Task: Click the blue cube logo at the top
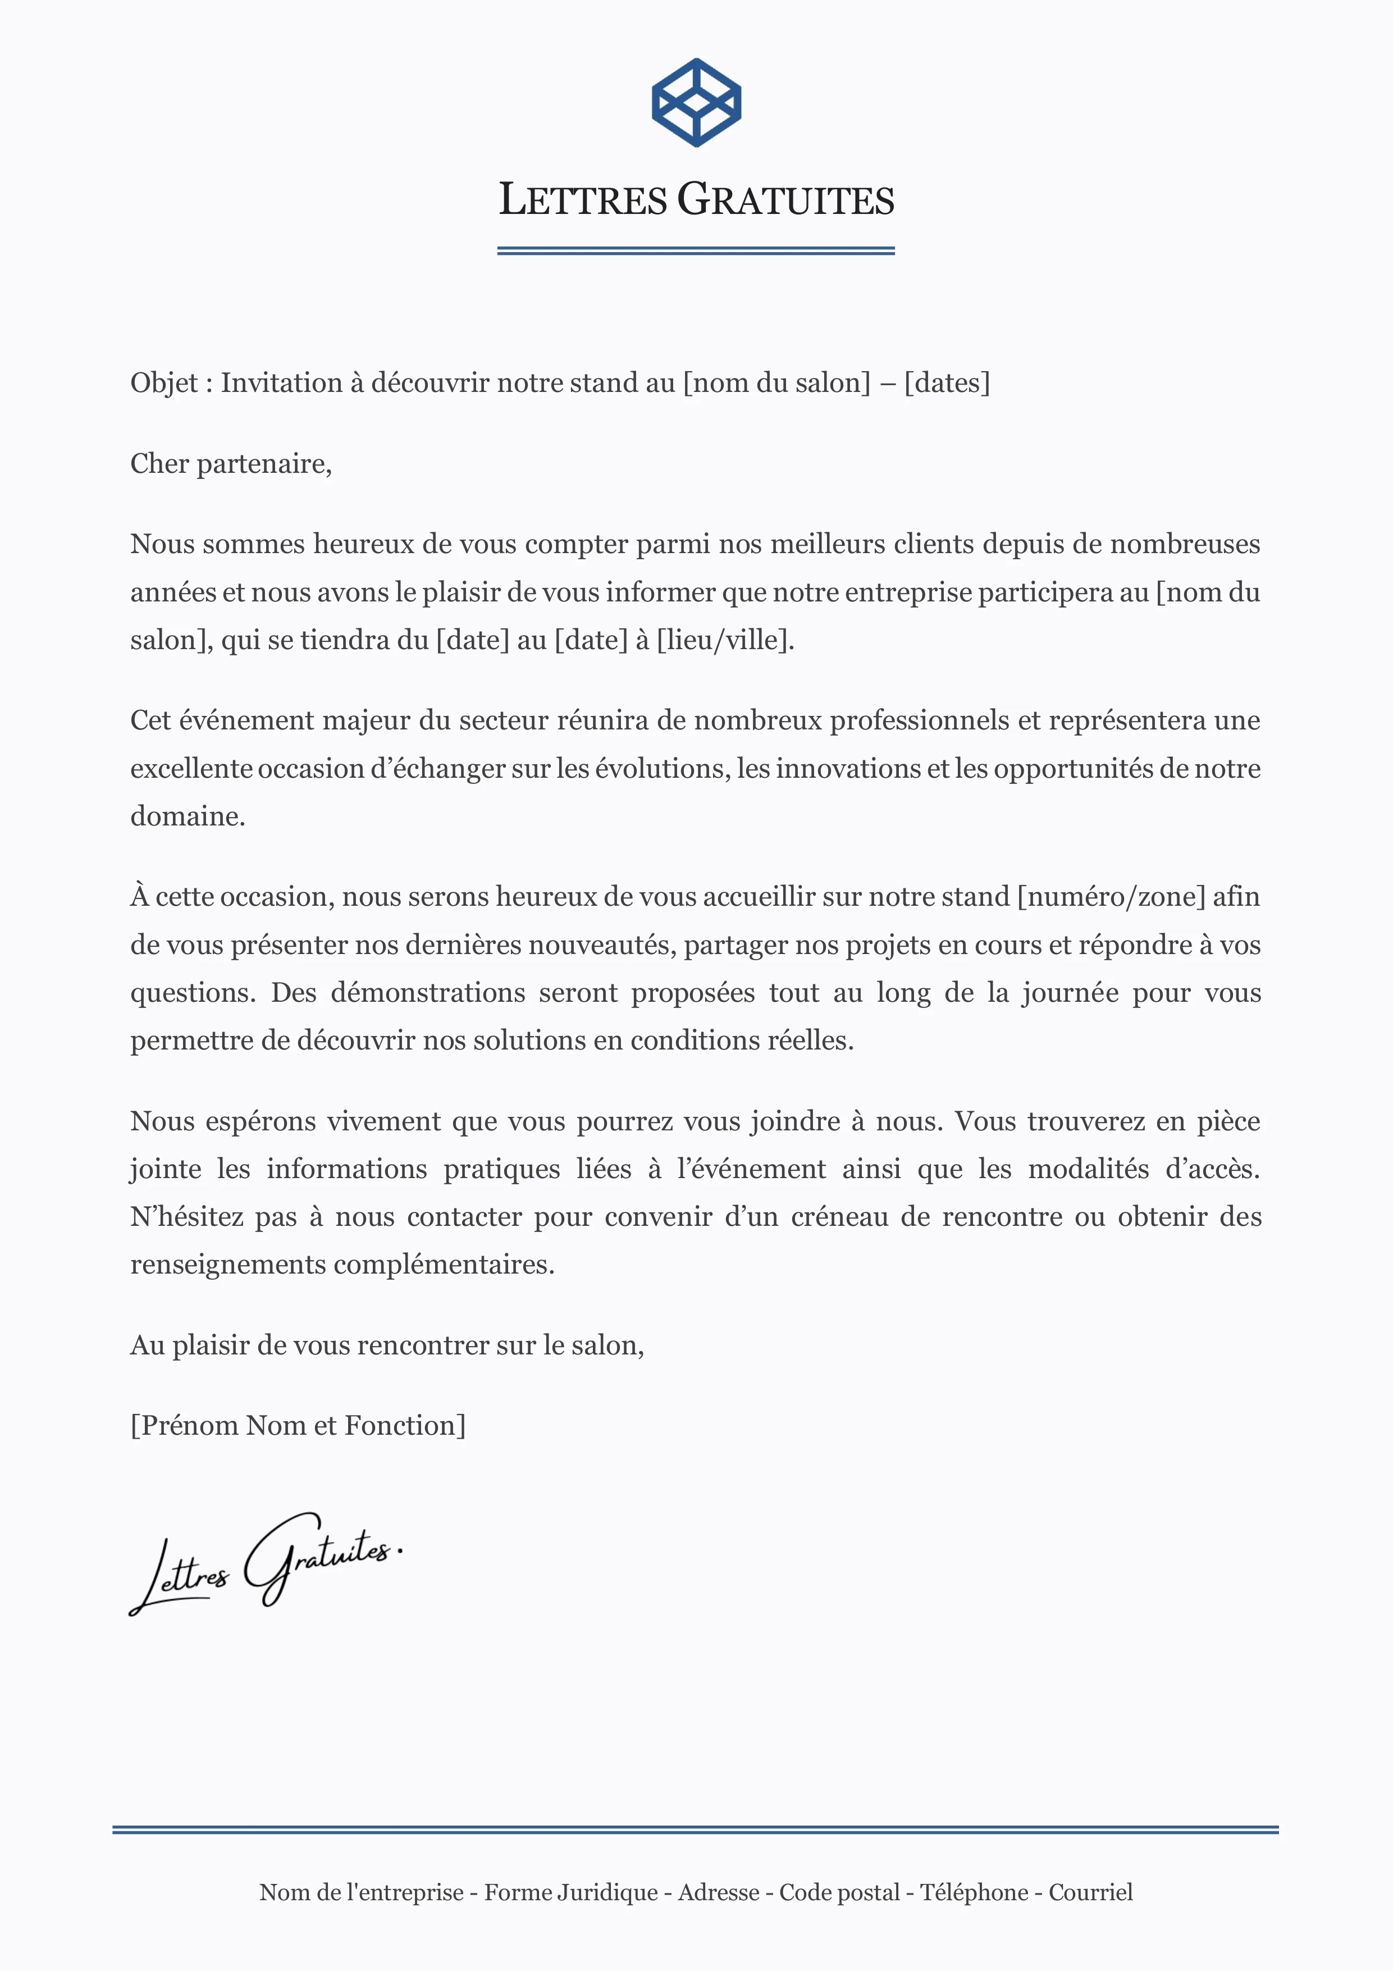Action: point(696,103)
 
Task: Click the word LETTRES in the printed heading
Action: point(583,200)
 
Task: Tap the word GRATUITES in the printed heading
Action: point(785,200)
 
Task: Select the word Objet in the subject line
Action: point(164,383)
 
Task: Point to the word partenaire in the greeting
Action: point(263,464)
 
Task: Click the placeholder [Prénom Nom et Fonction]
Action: point(298,1426)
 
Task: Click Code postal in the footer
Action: point(839,1893)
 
